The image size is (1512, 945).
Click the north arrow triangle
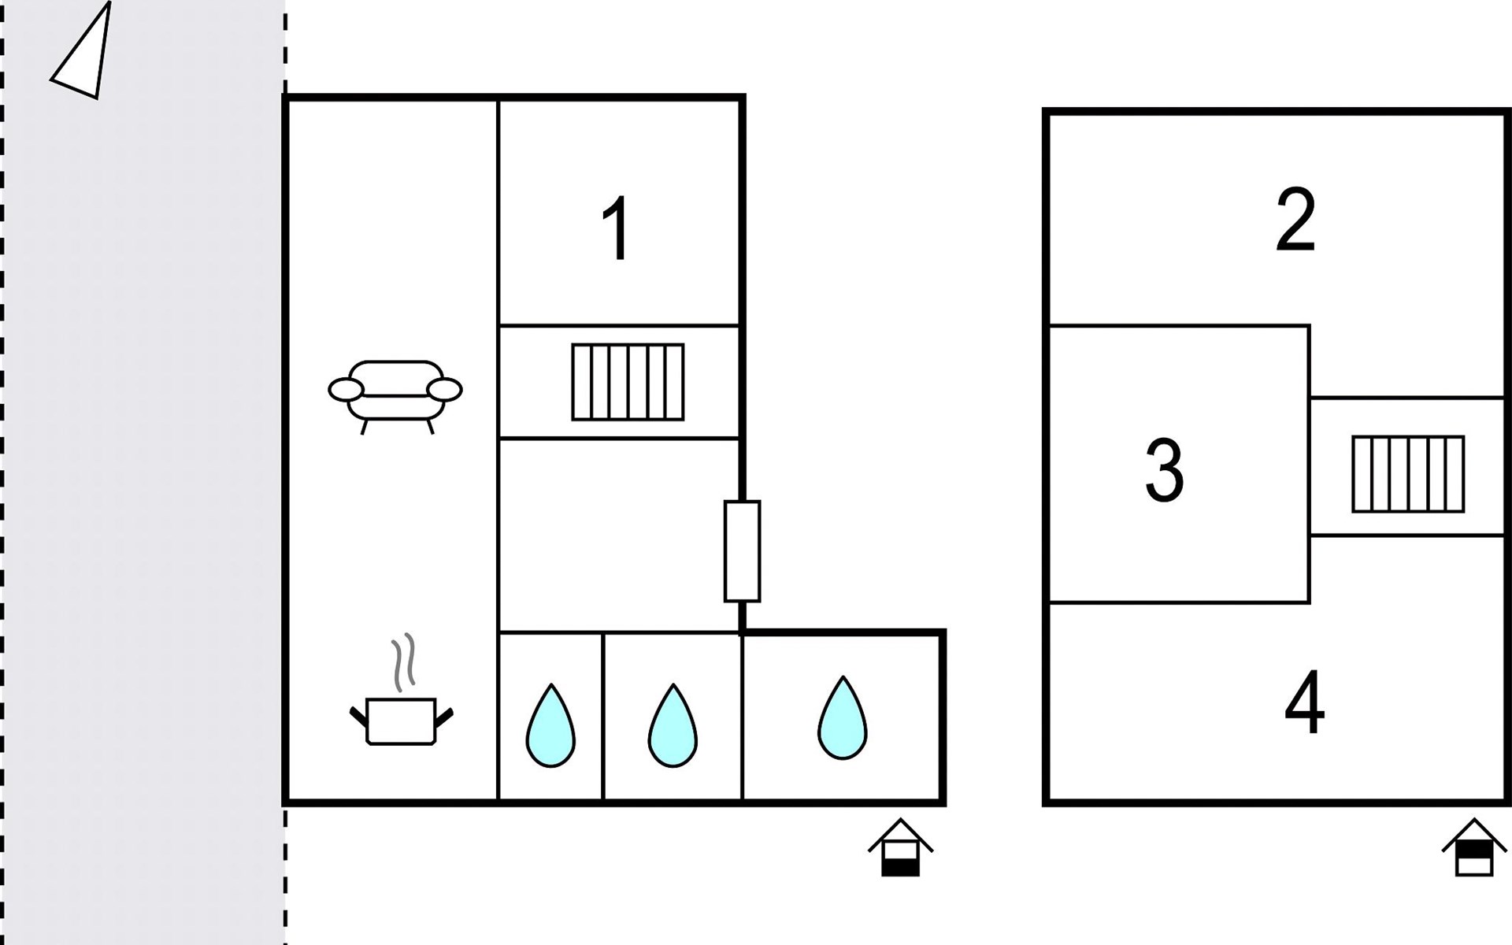(x=84, y=55)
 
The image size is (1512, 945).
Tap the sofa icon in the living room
(x=395, y=392)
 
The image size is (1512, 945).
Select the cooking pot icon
(x=401, y=721)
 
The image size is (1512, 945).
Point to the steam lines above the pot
(x=403, y=661)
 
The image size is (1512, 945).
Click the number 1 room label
(x=616, y=228)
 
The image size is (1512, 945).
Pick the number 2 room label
(x=1295, y=220)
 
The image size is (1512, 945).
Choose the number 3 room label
(x=1165, y=470)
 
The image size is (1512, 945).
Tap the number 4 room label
(x=1304, y=702)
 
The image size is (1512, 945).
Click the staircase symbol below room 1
(x=628, y=382)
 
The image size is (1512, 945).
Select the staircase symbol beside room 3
(x=1408, y=474)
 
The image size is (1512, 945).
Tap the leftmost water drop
(x=550, y=727)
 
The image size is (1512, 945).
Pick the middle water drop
(x=673, y=727)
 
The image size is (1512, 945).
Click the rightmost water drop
(x=843, y=720)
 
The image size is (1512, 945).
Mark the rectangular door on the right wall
(x=742, y=551)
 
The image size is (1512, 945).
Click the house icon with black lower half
(x=901, y=850)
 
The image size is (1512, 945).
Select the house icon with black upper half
(x=1474, y=849)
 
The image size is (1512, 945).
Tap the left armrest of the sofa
(x=346, y=389)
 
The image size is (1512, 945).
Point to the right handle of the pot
(x=445, y=717)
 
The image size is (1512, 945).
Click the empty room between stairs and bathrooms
(x=620, y=535)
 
